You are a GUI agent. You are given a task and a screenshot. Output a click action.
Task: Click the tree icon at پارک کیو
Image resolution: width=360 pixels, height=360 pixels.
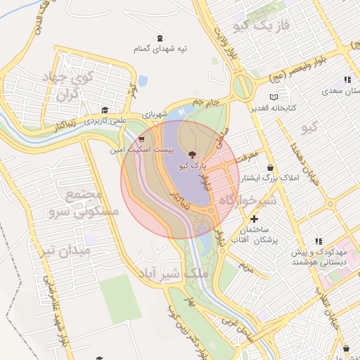pos(192,153)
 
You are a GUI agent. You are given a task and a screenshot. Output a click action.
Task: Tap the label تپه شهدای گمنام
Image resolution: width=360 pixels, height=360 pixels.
pos(162,49)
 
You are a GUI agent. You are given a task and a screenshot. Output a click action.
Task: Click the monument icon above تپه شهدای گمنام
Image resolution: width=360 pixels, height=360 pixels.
pos(162,37)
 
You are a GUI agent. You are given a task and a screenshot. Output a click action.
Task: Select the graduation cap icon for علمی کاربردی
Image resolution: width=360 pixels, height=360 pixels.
pos(105,110)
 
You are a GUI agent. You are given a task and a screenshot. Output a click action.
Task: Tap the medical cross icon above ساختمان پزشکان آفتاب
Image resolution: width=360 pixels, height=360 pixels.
pos(255,219)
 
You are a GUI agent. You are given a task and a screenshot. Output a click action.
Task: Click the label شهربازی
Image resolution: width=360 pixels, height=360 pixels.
pos(155,115)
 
